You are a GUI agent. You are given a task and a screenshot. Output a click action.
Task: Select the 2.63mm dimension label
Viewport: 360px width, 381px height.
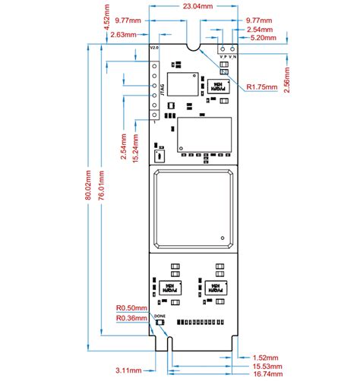[x=123, y=35]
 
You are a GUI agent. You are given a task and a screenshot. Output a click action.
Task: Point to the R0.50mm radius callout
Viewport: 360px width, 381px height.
[x=130, y=308]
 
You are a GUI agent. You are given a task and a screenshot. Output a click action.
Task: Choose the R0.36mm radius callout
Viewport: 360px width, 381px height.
[x=130, y=319]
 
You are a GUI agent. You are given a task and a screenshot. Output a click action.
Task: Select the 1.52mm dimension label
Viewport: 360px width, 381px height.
[x=266, y=357]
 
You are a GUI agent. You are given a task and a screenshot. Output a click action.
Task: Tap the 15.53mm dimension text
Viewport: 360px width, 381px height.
[x=266, y=366]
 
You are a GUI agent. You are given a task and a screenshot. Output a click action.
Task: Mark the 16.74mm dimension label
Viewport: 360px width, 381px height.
[x=266, y=374]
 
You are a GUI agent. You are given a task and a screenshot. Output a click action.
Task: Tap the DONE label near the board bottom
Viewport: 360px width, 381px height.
[x=159, y=315]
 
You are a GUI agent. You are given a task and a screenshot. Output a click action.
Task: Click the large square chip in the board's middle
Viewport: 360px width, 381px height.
[x=191, y=209]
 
